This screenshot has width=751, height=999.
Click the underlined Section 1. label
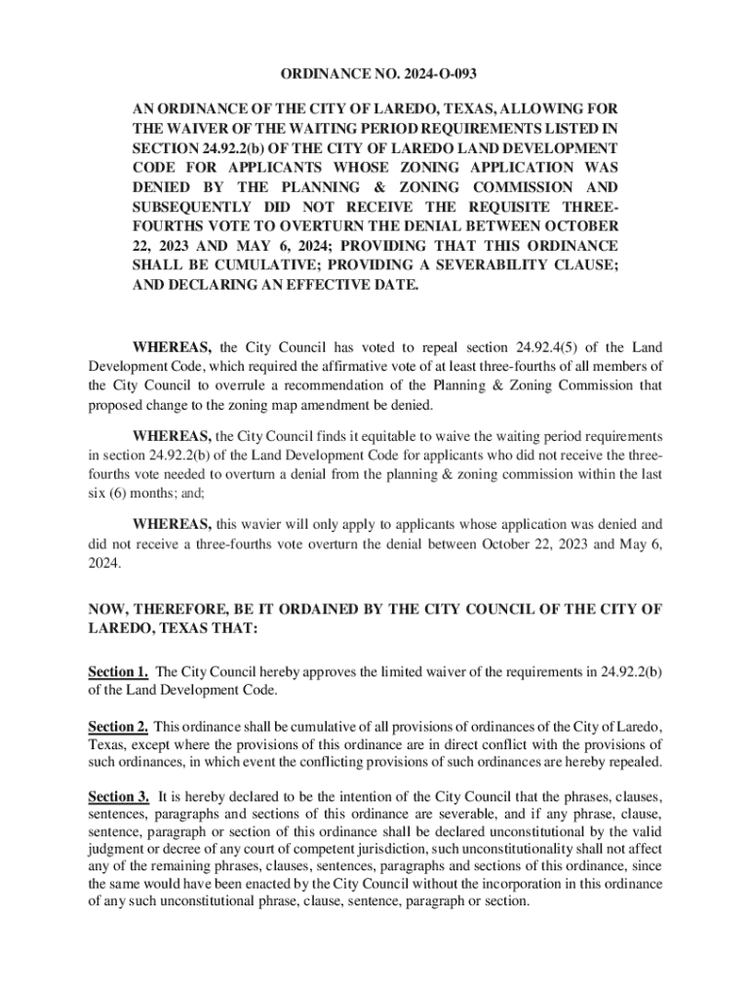coord(118,671)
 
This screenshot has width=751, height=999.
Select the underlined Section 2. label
coord(118,726)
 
